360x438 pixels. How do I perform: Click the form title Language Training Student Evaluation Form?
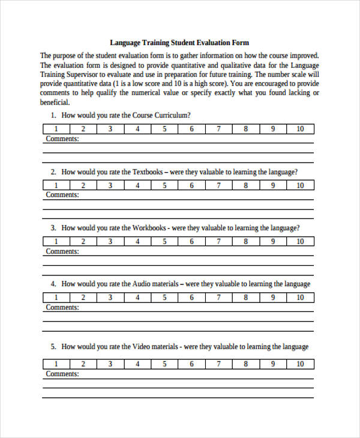pos(179,43)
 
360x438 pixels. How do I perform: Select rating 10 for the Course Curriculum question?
pos(300,129)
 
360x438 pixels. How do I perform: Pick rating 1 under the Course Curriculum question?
pos(56,129)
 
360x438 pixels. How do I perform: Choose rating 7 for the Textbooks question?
pos(218,185)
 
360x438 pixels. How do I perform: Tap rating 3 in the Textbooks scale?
pos(110,185)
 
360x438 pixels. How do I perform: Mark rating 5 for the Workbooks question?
pos(164,241)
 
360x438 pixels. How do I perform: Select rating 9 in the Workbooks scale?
pos(272,241)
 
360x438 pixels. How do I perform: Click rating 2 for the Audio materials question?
pos(83,297)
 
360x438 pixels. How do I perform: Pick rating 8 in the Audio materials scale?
pos(245,297)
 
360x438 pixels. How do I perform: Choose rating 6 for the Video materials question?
pos(191,364)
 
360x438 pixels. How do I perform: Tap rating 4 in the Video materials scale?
pos(137,364)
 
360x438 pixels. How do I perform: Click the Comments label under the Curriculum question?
pos(62,139)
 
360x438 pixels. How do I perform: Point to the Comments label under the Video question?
pos(62,374)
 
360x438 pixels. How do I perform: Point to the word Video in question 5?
pos(142,347)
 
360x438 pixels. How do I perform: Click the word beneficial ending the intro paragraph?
pos(55,102)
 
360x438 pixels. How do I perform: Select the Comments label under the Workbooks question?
pos(62,251)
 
